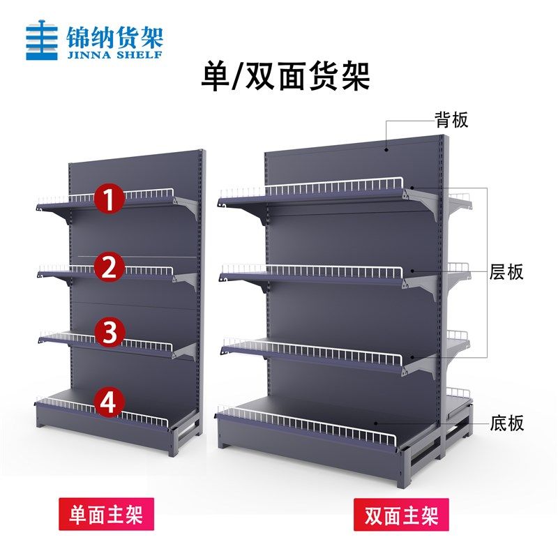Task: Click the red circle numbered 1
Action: click(110, 199)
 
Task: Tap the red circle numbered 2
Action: click(110, 267)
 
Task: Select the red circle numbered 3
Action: click(110, 333)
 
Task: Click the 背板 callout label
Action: click(451, 120)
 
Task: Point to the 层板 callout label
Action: click(506, 272)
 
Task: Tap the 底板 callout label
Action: click(507, 423)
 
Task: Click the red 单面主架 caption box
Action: click(107, 514)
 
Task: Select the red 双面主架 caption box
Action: click(401, 515)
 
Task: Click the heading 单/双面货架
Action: click(285, 77)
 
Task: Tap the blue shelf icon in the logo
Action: click(42, 40)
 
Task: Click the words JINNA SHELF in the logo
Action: click(114, 54)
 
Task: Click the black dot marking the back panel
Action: click(386, 149)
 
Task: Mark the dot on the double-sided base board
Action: click(375, 423)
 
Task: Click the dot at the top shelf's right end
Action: click(412, 188)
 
